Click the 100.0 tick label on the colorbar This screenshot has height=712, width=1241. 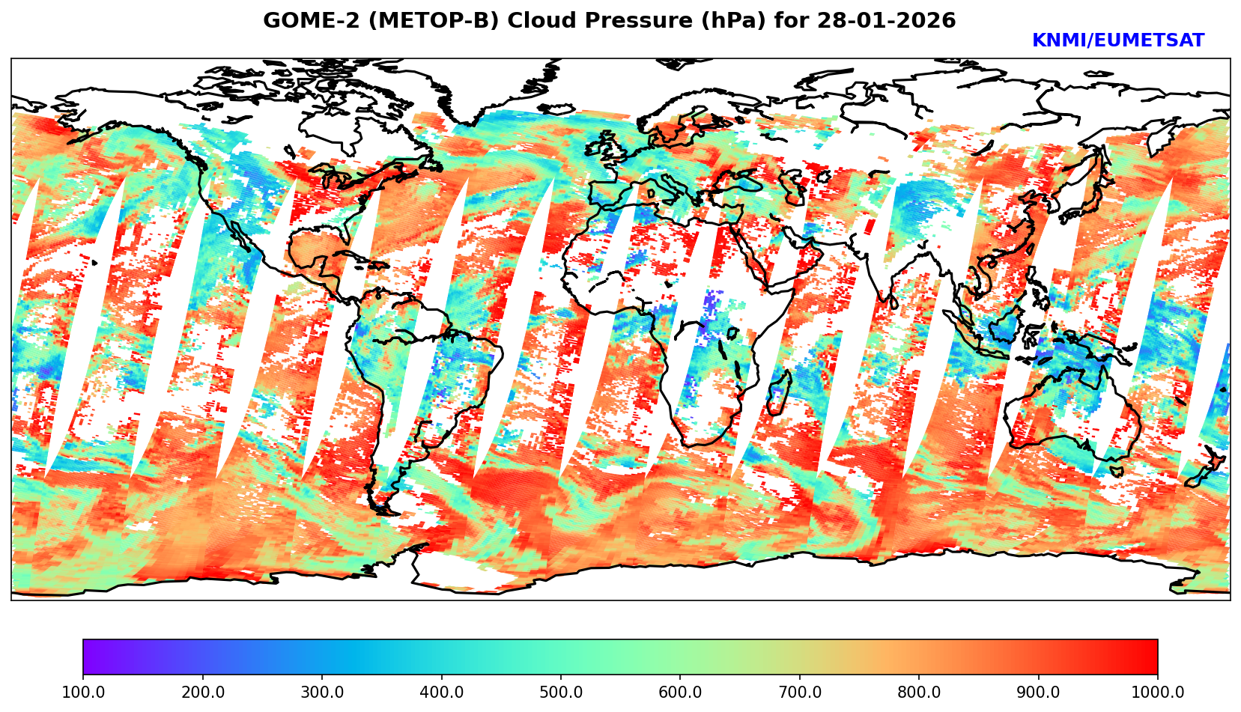[x=83, y=693]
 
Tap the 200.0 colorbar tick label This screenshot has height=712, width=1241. [x=202, y=693]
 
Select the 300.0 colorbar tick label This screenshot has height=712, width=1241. [x=322, y=693]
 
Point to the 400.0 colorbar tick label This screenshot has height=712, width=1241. [x=441, y=693]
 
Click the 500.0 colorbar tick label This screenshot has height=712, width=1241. [x=561, y=693]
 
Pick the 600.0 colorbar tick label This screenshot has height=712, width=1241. [x=680, y=693]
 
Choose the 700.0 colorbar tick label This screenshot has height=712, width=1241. [x=800, y=693]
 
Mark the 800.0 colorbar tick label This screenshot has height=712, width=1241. [x=919, y=693]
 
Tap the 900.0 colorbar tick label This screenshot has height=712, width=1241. [x=1039, y=693]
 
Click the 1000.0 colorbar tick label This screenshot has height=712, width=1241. [x=1158, y=693]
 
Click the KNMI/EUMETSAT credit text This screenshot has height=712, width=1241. [x=1117, y=41]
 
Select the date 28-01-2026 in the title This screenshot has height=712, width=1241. [x=887, y=21]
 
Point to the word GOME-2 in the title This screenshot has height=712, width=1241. [x=304, y=21]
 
